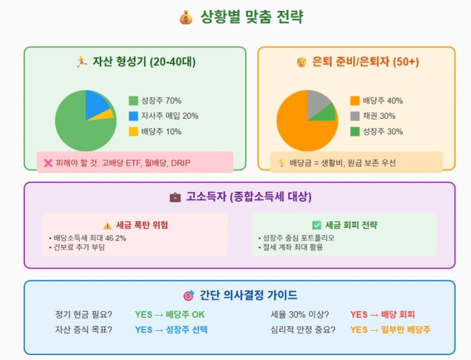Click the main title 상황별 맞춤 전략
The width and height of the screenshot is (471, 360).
point(252,17)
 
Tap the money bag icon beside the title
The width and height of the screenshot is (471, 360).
point(186,17)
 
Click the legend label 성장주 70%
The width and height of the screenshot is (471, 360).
point(161,101)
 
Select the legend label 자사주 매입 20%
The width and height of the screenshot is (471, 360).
point(169,116)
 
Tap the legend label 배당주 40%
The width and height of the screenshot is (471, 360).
point(383,101)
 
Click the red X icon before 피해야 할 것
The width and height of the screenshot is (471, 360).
point(48,163)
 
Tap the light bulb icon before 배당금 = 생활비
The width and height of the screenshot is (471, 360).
point(282,163)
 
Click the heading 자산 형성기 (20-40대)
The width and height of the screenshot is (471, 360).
point(144,62)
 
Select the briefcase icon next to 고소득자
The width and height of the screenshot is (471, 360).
point(175,197)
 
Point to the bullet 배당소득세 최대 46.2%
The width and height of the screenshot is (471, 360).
point(90,238)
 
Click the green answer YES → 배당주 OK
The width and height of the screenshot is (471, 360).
point(170,314)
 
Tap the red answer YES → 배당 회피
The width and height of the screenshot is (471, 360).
point(382,314)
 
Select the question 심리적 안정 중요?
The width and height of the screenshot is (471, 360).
point(303,330)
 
